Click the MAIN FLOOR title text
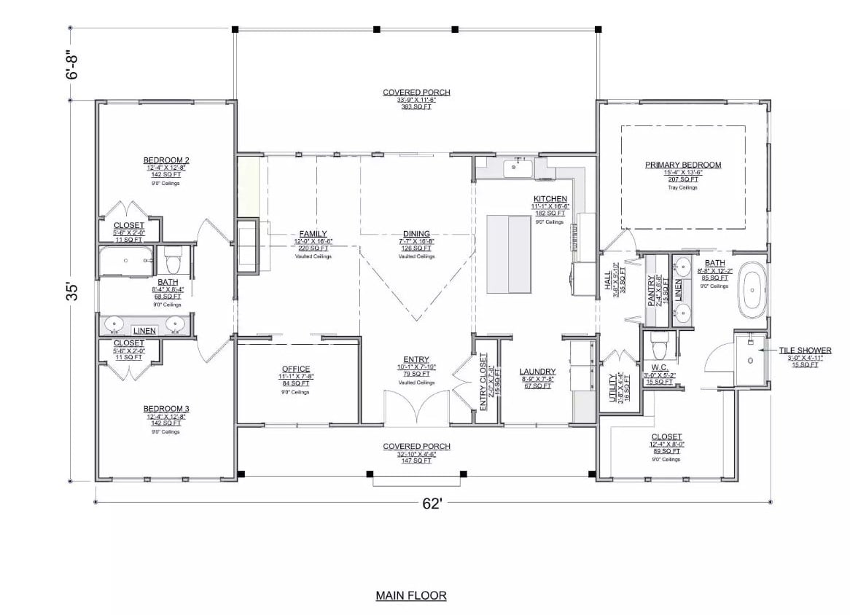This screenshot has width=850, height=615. tap(410, 595)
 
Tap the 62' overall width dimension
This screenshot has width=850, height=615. tap(432, 504)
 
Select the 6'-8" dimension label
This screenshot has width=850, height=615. tap(71, 64)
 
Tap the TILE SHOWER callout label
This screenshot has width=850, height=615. tap(804, 350)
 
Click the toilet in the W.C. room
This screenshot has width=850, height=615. tap(659, 341)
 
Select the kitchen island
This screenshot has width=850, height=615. tap(509, 253)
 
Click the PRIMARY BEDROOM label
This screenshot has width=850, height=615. tap(683, 165)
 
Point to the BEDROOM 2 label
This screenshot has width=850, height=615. tap(166, 160)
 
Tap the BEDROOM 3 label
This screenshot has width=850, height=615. tap(166, 409)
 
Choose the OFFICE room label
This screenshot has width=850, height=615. tap(295, 369)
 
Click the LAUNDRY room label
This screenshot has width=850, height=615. tap(537, 372)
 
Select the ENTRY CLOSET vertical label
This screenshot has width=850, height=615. tap(483, 382)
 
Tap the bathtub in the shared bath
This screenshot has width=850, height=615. tap(127, 260)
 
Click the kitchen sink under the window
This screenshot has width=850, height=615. tap(519, 168)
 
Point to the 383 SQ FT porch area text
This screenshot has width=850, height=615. tap(417, 106)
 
